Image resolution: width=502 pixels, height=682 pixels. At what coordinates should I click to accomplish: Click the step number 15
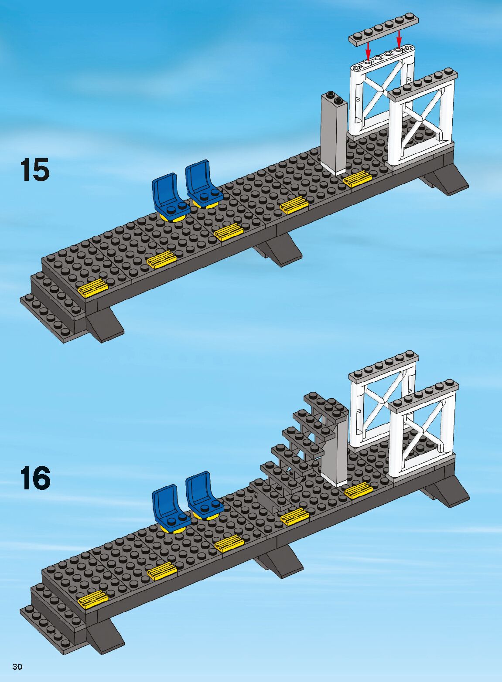point(34,170)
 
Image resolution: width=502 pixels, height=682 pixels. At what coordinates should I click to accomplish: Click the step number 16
point(35,478)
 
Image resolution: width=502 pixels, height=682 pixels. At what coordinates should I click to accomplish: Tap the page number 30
point(18,667)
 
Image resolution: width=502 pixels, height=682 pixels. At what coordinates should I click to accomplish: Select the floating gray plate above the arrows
point(384,30)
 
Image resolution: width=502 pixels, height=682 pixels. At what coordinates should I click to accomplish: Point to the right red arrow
point(399,38)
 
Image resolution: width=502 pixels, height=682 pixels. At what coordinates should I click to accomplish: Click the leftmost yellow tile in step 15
point(93,288)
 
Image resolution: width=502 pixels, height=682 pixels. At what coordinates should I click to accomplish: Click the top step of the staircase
point(325,403)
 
